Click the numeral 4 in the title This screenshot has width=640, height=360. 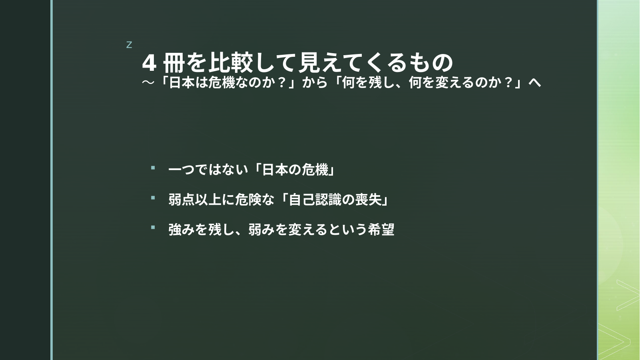pos(149,63)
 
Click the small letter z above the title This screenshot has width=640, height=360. pos(129,45)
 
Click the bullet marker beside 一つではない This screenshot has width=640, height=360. pos(153,168)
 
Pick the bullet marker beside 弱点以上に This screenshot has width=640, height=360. pos(153,198)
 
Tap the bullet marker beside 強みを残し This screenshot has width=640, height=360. pos(153,227)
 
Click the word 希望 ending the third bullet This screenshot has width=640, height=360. pos(381,229)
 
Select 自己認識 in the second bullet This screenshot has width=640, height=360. pos(315,200)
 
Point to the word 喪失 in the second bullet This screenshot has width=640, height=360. pos(368,200)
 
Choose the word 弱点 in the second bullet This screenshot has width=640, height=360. pos(182,200)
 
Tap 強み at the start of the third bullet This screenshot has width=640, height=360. pos(182,229)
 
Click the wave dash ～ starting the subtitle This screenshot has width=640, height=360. pos(148,83)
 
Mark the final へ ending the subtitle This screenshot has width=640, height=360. pos(535,83)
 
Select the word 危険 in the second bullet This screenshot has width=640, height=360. pos(248,200)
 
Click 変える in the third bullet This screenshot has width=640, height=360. pos(308,229)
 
